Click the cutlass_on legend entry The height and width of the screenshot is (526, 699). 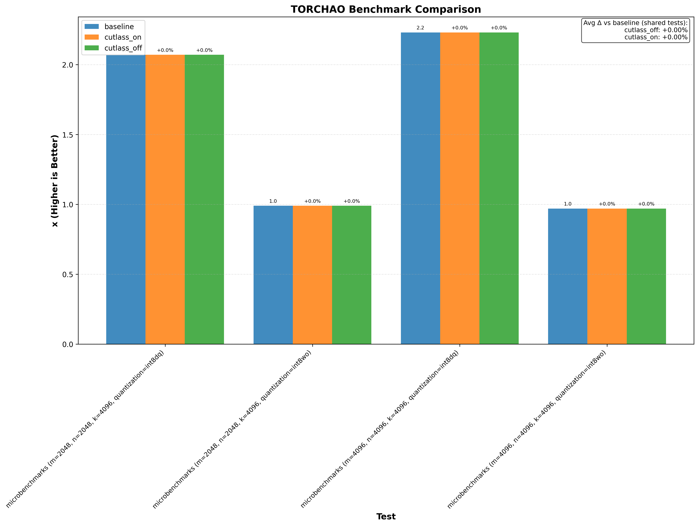coord(123,37)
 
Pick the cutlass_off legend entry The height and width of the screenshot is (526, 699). coord(123,48)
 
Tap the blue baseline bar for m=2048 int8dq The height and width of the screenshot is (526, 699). coord(126,199)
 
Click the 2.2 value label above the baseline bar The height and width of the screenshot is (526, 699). coord(420,28)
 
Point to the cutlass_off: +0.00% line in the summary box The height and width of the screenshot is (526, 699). coord(656,30)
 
